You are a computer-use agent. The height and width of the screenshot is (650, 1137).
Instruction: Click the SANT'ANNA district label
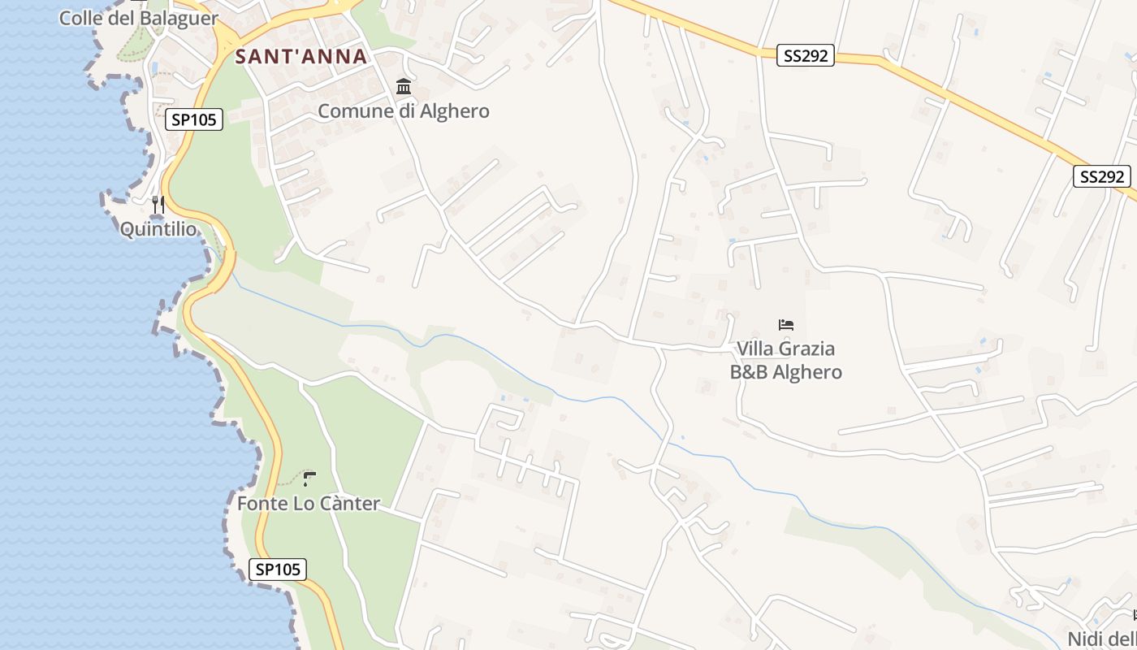point(301,57)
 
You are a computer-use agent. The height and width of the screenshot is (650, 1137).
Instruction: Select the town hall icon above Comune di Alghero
point(403,86)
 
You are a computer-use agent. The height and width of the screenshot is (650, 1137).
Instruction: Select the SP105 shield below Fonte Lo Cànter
point(278,570)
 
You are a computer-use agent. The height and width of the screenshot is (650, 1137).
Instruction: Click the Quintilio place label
point(158,229)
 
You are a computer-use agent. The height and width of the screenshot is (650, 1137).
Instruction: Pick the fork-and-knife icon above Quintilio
point(158,204)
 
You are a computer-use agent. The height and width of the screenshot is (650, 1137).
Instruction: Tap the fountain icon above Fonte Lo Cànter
point(309,479)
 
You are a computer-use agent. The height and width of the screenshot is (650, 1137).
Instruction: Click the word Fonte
point(262,504)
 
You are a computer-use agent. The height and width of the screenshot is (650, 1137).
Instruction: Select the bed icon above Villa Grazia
point(785,325)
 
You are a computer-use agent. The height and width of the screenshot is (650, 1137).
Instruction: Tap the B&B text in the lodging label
point(748,372)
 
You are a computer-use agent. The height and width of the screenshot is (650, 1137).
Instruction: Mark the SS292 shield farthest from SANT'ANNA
point(1102,176)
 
